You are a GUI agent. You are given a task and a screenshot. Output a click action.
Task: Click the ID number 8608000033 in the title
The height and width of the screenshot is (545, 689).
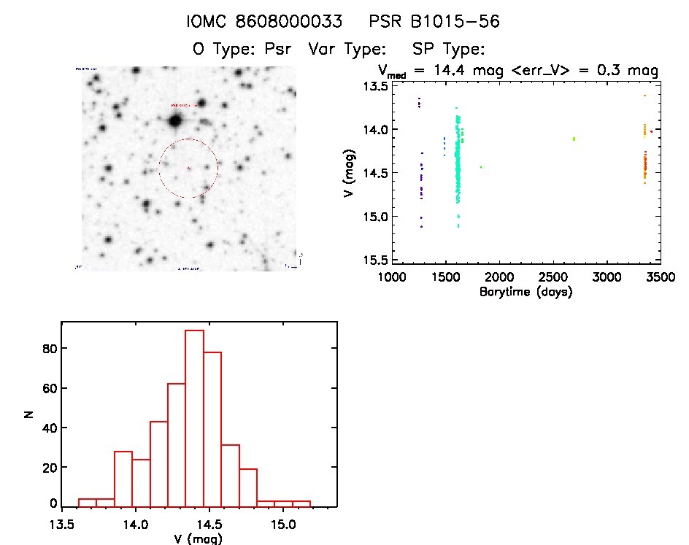tap(299, 22)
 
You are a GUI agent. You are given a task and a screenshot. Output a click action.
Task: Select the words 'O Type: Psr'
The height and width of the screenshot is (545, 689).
tap(241, 50)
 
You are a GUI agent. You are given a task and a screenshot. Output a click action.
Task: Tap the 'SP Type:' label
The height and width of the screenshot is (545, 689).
tap(450, 50)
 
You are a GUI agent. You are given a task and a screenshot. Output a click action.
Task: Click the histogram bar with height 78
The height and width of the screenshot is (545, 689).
tap(213, 428)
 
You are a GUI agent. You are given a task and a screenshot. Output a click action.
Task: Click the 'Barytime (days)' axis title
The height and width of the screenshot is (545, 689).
tap(526, 292)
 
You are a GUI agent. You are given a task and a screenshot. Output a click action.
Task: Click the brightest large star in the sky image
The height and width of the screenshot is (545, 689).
tap(175, 120)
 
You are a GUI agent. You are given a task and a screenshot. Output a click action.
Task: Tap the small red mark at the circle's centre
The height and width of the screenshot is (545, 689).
tap(188, 169)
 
